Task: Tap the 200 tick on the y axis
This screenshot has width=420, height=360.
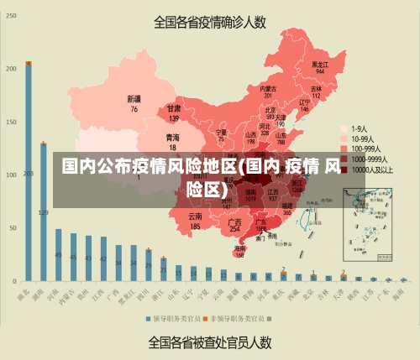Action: (x=11, y=69)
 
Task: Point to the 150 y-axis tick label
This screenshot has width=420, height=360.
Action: (x=11, y=123)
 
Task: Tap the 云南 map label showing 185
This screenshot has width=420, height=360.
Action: (x=195, y=221)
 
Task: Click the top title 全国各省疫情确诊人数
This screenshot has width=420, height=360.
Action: (x=209, y=22)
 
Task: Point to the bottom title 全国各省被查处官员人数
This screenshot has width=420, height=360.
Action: (x=209, y=342)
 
